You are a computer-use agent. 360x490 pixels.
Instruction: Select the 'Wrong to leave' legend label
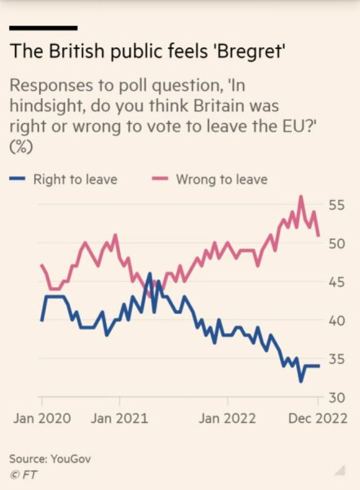[x=221, y=179]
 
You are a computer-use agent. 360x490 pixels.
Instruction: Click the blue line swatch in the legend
[x=21, y=179]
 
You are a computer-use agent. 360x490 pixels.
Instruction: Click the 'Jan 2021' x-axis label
[x=119, y=417]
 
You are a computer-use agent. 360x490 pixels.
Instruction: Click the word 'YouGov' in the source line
[x=70, y=459]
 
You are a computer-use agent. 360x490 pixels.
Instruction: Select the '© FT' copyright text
[x=23, y=473]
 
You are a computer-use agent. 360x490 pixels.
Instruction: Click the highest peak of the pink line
[x=301, y=197]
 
